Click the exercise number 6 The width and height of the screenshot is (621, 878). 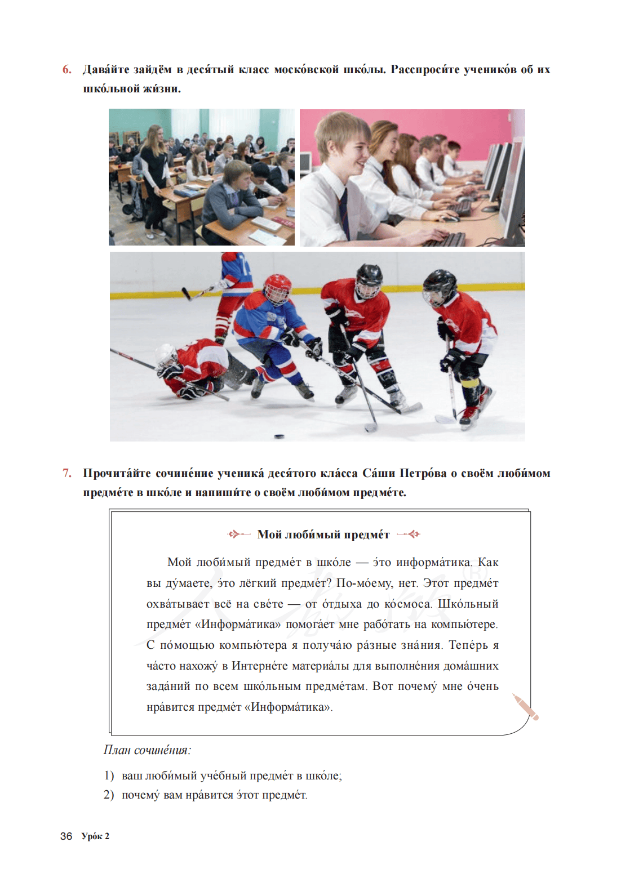67,70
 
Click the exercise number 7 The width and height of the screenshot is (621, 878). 67,473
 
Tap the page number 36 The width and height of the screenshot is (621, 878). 66,836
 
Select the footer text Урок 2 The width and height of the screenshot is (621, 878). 95,836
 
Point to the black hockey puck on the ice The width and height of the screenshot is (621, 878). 278,435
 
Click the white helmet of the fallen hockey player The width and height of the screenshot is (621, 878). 166,355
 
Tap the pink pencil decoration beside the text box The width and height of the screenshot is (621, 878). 526,707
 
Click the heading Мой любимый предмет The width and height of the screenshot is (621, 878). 323,534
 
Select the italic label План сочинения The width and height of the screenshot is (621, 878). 147,750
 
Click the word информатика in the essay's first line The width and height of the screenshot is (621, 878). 433,562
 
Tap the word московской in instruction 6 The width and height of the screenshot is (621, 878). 306,70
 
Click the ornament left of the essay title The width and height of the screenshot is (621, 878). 238,534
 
